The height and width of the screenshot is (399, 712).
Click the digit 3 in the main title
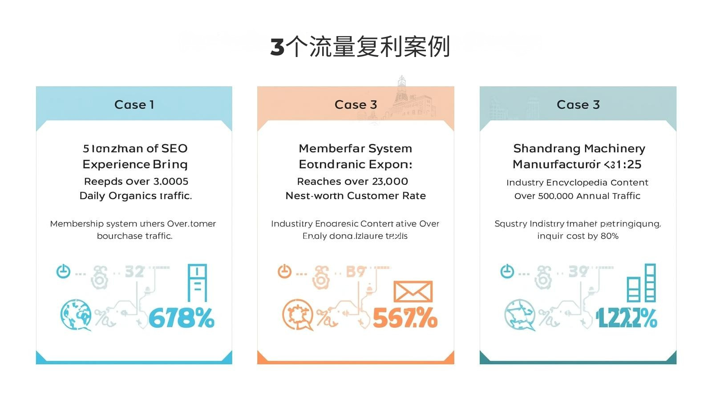coord(277,47)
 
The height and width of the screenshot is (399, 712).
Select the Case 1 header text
coord(134,105)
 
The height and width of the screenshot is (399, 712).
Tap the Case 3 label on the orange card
coord(356,105)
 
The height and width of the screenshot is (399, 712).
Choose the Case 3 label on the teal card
coord(578,105)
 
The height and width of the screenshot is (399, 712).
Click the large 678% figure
coord(182,318)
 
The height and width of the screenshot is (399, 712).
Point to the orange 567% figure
coord(405,318)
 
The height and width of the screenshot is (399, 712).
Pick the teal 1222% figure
coord(627,318)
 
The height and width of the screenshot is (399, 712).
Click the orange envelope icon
coord(413,292)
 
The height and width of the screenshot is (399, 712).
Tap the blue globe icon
coord(76,314)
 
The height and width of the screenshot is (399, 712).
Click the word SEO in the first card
coord(174,148)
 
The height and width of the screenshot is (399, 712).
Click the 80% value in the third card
coord(609,236)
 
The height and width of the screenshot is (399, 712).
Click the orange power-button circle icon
coord(284,271)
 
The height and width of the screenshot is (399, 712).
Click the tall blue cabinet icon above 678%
coord(197,283)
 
